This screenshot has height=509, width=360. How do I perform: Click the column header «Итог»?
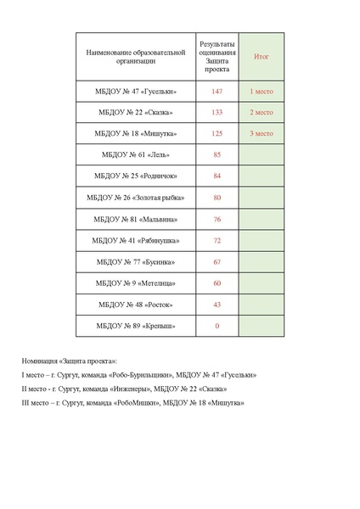click(x=261, y=57)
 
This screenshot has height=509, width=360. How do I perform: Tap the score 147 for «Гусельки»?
click(x=217, y=91)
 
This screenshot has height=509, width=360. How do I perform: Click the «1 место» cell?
click(x=261, y=91)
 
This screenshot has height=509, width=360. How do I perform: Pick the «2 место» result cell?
click(x=261, y=112)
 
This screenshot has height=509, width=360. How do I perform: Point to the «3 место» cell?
click(x=261, y=133)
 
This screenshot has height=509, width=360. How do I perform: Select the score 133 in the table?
click(x=217, y=112)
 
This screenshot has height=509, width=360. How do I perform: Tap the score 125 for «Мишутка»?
click(x=217, y=133)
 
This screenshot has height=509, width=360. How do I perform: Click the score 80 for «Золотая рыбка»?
click(x=217, y=198)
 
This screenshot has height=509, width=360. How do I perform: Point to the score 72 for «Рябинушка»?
click(x=217, y=241)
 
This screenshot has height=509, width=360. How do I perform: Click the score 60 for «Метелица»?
click(x=217, y=283)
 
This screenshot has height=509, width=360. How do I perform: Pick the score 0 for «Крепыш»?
click(x=217, y=326)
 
